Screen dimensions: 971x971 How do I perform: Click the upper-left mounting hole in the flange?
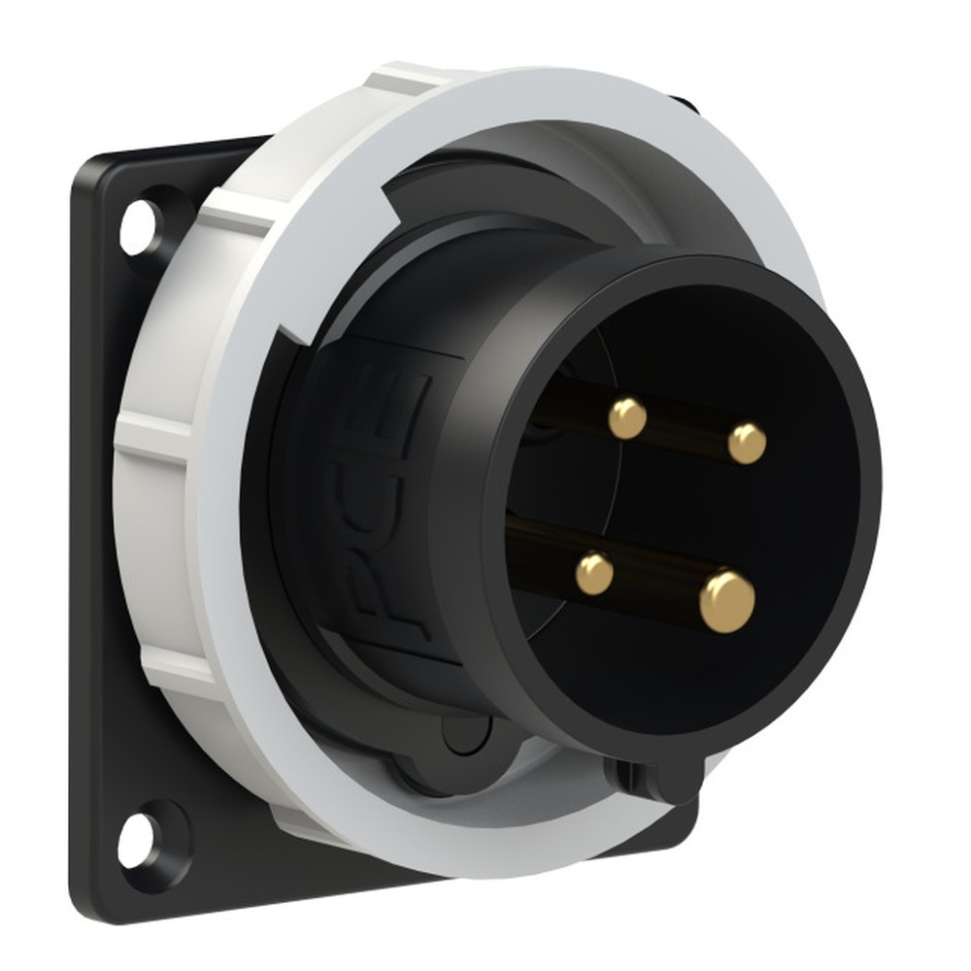tap(137, 227)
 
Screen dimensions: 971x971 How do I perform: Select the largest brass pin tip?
tap(727, 601)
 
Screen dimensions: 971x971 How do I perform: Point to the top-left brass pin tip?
tap(627, 418)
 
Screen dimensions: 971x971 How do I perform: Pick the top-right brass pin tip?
tap(747, 444)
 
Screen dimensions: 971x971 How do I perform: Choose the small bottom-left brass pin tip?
tap(594, 574)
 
